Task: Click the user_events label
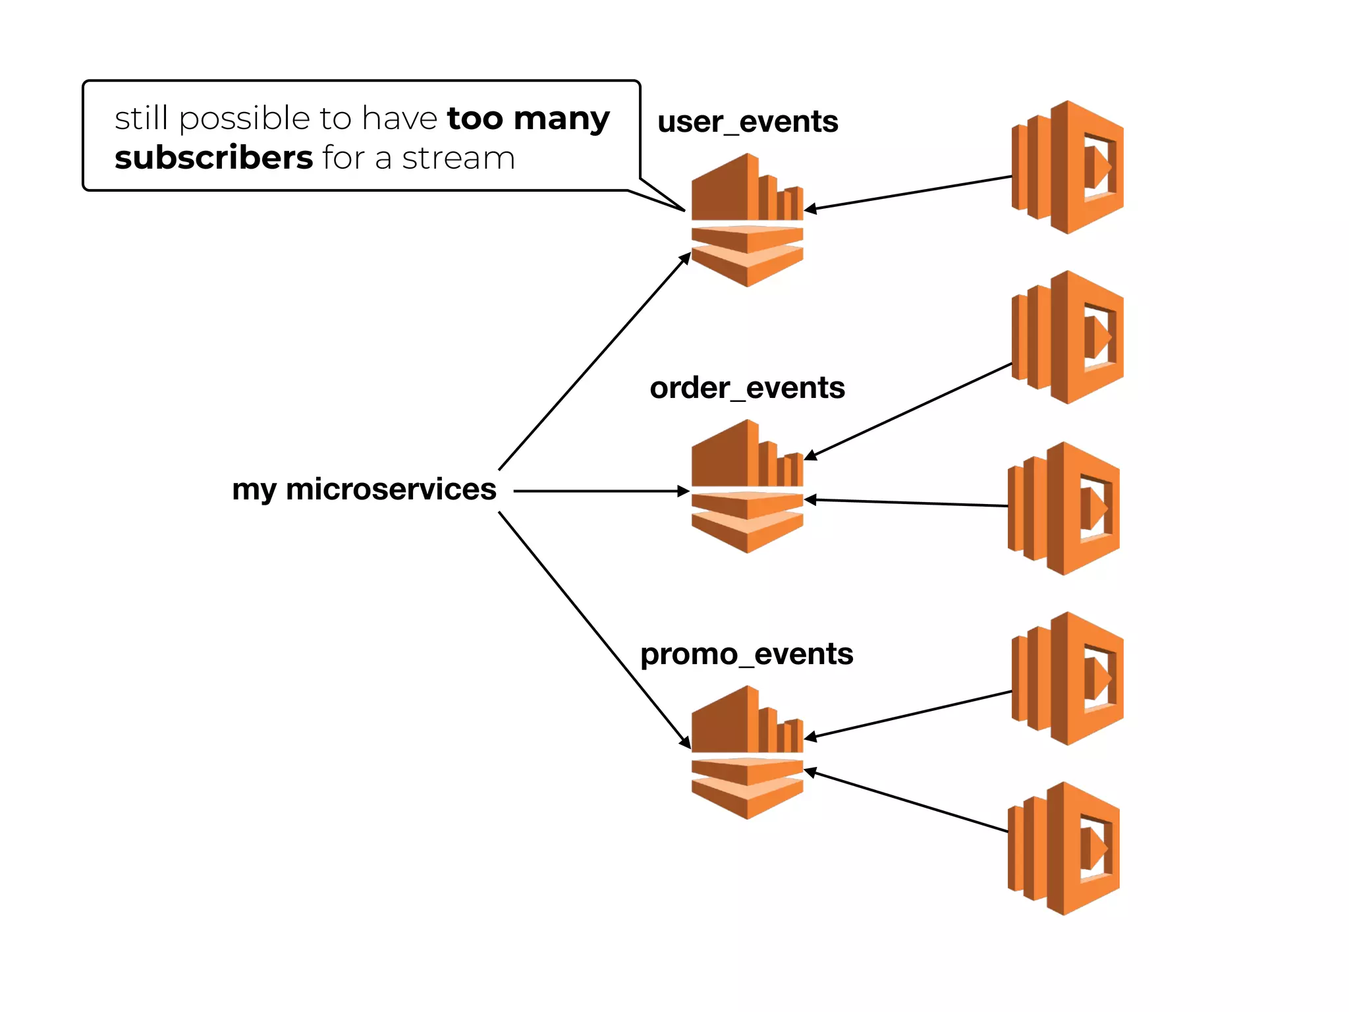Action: pyautogui.click(x=748, y=122)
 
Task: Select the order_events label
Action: pyautogui.click(x=747, y=388)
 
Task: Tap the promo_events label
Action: pyautogui.click(x=746, y=654)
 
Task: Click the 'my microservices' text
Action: pyautogui.click(x=364, y=490)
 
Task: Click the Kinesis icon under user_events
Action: pyautogui.click(x=748, y=220)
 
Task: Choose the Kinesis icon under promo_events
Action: pyautogui.click(x=748, y=752)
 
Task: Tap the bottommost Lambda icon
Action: pyautogui.click(x=1064, y=849)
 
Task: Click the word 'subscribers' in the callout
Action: pyautogui.click(x=213, y=158)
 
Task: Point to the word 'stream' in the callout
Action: pyautogui.click(x=458, y=159)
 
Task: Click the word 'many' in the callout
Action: pyautogui.click(x=561, y=119)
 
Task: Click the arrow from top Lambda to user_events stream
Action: pyautogui.click(x=909, y=193)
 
